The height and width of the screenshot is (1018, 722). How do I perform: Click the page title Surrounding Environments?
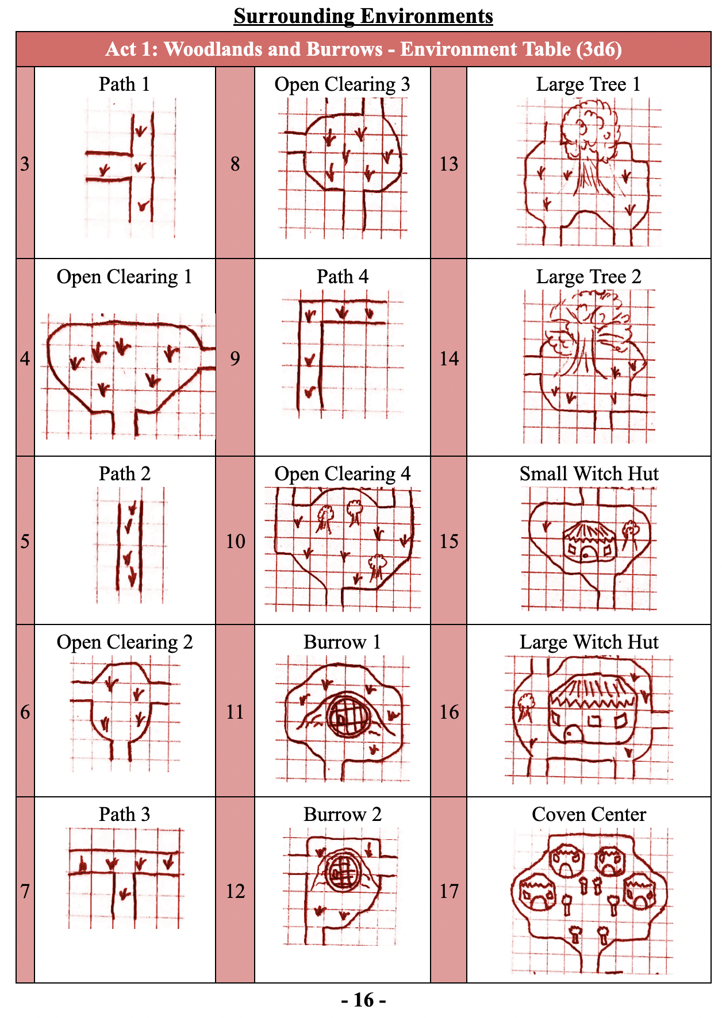[x=363, y=16]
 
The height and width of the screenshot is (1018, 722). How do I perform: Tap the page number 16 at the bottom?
[x=363, y=1000]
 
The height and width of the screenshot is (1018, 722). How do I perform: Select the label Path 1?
[x=124, y=84]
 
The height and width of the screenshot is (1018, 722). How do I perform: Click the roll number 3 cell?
[x=25, y=164]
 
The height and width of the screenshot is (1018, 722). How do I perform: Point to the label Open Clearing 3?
[x=342, y=84]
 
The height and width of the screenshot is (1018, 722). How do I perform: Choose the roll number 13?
[x=449, y=164]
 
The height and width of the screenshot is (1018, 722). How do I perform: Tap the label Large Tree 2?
[x=589, y=277]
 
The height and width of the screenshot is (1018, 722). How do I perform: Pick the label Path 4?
[x=343, y=276]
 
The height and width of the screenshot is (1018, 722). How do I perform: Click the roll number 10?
[x=235, y=541]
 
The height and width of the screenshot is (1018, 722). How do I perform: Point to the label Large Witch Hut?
[x=589, y=642]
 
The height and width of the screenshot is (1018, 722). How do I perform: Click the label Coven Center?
[x=589, y=814]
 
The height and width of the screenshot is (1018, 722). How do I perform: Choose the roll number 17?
[x=449, y=891]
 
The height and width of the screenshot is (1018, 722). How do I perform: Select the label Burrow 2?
[x=343, y=814]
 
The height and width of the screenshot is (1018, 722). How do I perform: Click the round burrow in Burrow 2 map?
[x=343, y=872]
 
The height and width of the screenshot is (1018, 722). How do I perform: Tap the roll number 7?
[x=25, y=891]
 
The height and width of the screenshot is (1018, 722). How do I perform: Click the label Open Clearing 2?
[x=124, y=642]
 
